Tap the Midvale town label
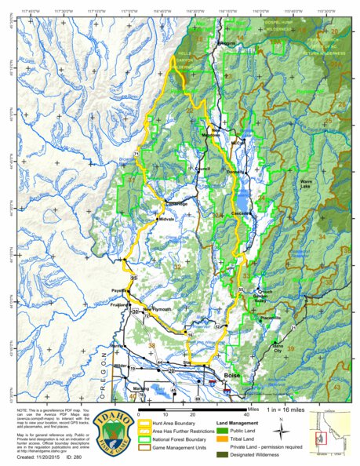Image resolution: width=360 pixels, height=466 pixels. pos(166,219)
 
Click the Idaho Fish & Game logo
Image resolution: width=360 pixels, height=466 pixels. pos(112,429)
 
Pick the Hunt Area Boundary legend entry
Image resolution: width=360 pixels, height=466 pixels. pos(166,422)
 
